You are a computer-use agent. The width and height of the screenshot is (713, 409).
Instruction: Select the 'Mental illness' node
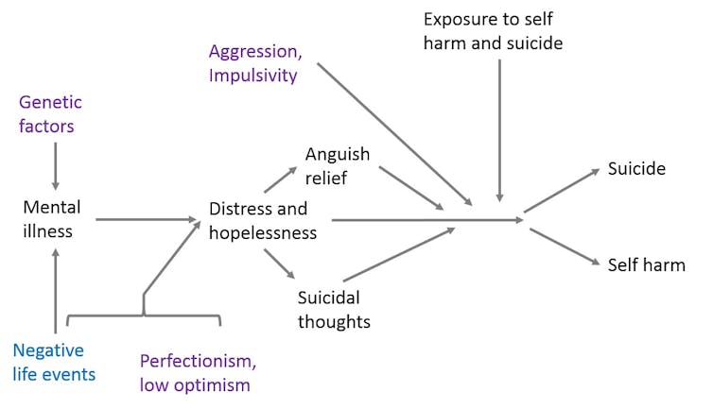[x=53, y=218]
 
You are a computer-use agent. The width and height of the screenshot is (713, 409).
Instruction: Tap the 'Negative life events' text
[x=55, y=361]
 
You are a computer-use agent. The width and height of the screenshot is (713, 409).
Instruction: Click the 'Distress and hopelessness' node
[x=263, y=220]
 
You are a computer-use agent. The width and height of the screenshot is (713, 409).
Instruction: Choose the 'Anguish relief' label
[x=338, y=164]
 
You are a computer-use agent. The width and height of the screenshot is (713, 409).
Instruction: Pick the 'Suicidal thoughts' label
[x=334, y=308]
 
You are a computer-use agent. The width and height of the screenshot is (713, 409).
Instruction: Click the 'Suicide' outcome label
[x=638, y=169]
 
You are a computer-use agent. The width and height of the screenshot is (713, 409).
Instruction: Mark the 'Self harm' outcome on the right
[x=646, y=264]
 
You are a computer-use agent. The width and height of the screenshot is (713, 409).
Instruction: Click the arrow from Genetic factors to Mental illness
[x=56, y=164]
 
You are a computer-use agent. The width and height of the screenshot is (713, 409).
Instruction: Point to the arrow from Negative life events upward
[x=56, y=288]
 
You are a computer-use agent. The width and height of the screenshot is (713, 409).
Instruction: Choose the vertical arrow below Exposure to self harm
[x=499, y=132]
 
